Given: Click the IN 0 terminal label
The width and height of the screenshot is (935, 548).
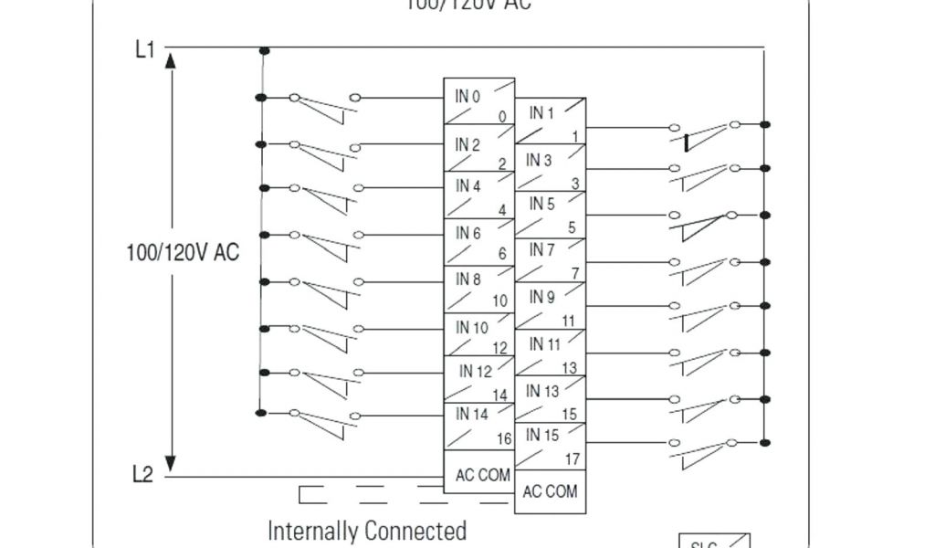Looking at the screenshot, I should tap(467, 95).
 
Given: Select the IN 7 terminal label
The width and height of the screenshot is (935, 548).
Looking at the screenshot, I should tap(541, 249).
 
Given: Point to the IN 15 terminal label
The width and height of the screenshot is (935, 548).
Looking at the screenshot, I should tap(542, 435).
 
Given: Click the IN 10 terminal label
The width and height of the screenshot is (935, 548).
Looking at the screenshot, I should tap(472, 327).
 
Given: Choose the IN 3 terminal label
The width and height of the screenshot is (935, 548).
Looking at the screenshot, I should tap(539, 161).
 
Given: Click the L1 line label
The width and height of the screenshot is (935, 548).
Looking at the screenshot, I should tap(144, 49).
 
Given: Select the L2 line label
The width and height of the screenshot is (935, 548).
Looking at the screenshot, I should tap(142, 475).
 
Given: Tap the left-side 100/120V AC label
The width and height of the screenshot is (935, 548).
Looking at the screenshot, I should tap(183, 252).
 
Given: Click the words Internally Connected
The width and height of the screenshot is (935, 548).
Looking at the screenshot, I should tap(367, 530).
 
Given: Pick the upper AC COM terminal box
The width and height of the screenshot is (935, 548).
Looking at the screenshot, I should tap(483, 476).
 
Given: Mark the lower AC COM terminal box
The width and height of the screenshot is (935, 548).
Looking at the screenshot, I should tap(550, 491).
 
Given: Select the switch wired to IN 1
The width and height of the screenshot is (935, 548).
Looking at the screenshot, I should tap(705, 133).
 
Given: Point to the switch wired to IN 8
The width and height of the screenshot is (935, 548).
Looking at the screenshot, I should tap(324, 289).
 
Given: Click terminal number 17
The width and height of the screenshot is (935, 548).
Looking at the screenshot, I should tap(572, 458).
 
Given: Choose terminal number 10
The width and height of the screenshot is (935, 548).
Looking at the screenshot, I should tap(500, 300).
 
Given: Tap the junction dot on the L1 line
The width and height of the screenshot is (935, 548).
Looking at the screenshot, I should tap(264, 51).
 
